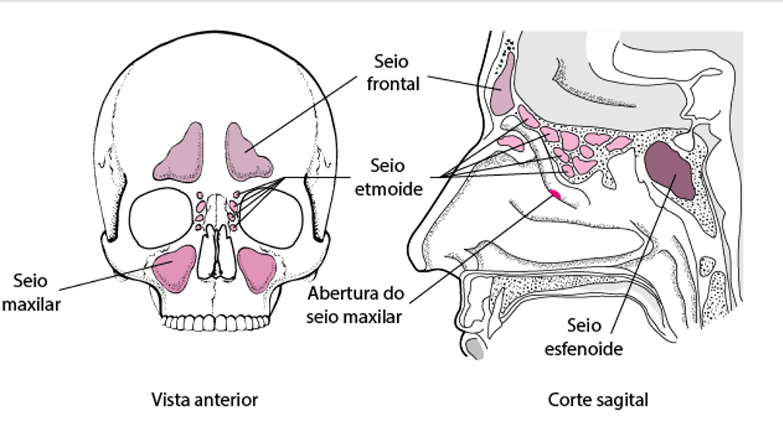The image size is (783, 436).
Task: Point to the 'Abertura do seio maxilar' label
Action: (354, 304)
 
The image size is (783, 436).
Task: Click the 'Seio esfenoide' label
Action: (583, 336)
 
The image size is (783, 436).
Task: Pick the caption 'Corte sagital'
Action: (598, 400)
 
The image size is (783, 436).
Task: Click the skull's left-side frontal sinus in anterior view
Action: (248, 151)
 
